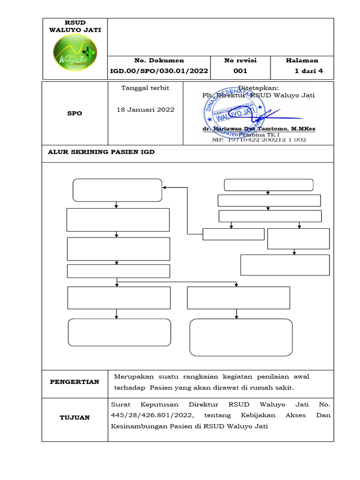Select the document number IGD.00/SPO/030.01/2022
[x=159, y=71]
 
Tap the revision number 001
[x=240, y=71]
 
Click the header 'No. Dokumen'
[x=159, y=60]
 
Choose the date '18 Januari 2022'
[x=145, y=110]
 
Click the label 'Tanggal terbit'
[x=145, y=88]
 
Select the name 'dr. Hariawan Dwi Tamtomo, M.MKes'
[x=259, y=128]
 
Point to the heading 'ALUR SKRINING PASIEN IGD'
[x=101, y=152]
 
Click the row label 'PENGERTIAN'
[x=75, y=382]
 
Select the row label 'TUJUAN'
[x=75, y=418]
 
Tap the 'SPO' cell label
[x=75, y=113]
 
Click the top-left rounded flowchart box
[x=117, y=190]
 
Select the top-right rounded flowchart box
[x=269, y=185]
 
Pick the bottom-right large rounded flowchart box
[x=241, y=337]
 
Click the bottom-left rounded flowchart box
[x=120, y=332]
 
